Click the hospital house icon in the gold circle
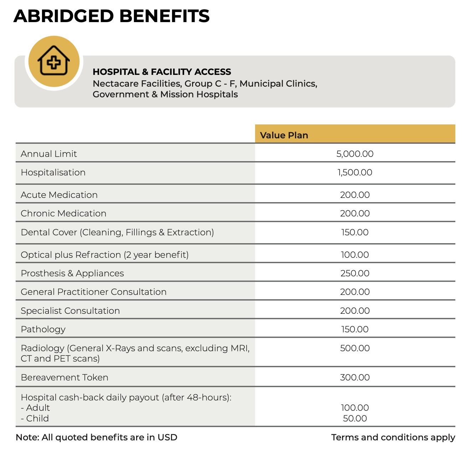(x=54, y=61)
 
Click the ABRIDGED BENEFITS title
(x=112, y=16)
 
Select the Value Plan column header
(x=284, y=135)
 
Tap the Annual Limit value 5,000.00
(x=355, y=154)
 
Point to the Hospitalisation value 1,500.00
(x=355, y=173)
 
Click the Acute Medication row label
(x=59, y=195)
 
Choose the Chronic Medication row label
(x=63, y=213)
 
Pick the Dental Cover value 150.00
(x=355, y=232)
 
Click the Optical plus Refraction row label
(x=105, y=255)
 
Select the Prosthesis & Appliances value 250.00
(x=355, y=273)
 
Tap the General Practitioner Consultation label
(x=94, y=292)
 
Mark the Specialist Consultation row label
(x=70, y=311)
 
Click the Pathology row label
(x=43, y=329)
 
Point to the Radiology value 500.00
(x=355, y=348)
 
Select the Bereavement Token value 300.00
(x=355, y=377)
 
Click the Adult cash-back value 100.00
(x=355, y=408)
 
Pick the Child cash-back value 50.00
(x=355, y=418)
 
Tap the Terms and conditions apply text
(x=393, y=438)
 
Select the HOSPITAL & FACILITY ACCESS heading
(x=162, y=72)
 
